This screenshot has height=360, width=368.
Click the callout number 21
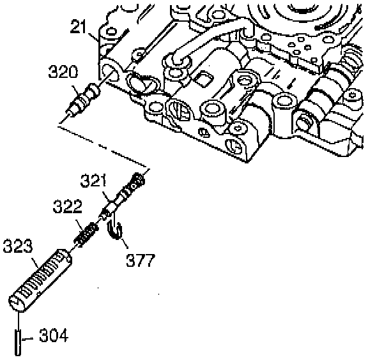(79, 27)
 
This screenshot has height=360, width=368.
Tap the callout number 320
(63, 71)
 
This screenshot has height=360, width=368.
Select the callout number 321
(93, 181)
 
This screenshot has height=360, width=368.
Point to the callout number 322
(68, 206)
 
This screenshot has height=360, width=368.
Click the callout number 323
(17, 246)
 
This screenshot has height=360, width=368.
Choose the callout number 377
(141, 260)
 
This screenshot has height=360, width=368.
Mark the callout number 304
(54, 335)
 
